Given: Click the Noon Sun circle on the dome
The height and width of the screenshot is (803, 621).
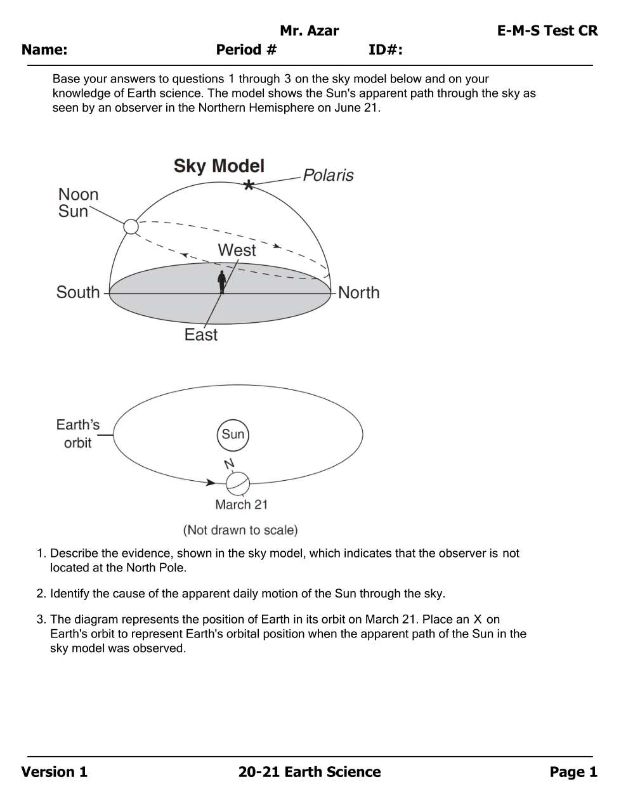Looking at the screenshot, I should click(x=131, y=226).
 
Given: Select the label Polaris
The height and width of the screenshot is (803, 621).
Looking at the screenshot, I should click(x=328, y=175).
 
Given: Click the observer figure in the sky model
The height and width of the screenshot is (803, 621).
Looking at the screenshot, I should click(x=221, y=282).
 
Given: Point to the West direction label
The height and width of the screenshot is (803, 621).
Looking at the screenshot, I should click(x=237, y=250).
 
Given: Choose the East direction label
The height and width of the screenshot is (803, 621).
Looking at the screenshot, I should click(x=200, y=335).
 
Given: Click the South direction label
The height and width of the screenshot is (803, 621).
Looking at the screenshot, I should click(x=78, y=292).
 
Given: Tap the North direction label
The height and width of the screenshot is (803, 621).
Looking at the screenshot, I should click(x=358, y=292).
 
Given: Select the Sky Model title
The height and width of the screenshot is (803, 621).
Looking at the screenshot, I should click(x=219, y=166).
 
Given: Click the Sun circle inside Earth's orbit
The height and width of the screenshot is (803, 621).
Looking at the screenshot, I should click(x=233, y=434).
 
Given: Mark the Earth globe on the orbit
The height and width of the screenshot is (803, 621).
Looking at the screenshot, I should click(x=238, y=484).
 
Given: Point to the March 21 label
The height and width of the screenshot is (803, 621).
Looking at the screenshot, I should click(x=241, y=505).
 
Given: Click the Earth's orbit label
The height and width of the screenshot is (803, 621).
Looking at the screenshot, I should click(x=77, y=434).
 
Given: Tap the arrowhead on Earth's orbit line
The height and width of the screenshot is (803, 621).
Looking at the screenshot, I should click(x=211, y=482).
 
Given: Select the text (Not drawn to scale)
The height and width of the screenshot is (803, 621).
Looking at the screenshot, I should click(x=240, y=530).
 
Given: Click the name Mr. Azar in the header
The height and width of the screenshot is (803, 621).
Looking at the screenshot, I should click(x=309, y=30).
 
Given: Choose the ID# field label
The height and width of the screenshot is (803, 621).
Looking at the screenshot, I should click(x=385, y=49).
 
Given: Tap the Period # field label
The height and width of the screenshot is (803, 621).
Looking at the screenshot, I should click(x=246, y=49).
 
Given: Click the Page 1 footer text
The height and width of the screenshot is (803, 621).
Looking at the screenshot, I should click(x=573, y=772).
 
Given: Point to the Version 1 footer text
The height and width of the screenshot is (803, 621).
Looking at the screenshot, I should click(x=55, y=772).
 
